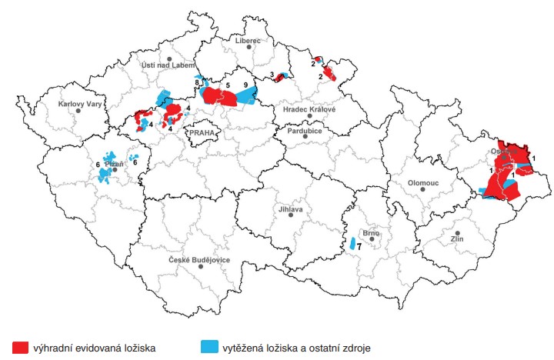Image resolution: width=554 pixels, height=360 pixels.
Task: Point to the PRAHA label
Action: coord(203,132)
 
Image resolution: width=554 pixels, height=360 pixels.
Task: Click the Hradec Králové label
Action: coord(310,109)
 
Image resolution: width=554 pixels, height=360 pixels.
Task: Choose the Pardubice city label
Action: coord(305,132)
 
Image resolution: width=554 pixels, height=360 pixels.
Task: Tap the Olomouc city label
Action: coord(422,184)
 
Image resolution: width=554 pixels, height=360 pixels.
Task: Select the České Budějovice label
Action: coord(199,260)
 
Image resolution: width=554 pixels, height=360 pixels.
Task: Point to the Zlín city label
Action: coord(457,239)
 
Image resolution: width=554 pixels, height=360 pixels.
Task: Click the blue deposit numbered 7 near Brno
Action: coord(352,244)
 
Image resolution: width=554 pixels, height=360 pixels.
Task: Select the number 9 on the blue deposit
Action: coord(245,83)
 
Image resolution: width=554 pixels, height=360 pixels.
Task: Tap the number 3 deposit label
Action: coord(272,74)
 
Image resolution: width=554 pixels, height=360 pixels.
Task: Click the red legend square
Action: coord(20,347)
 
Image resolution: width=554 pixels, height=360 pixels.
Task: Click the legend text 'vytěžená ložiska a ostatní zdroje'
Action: coord(296,348)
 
